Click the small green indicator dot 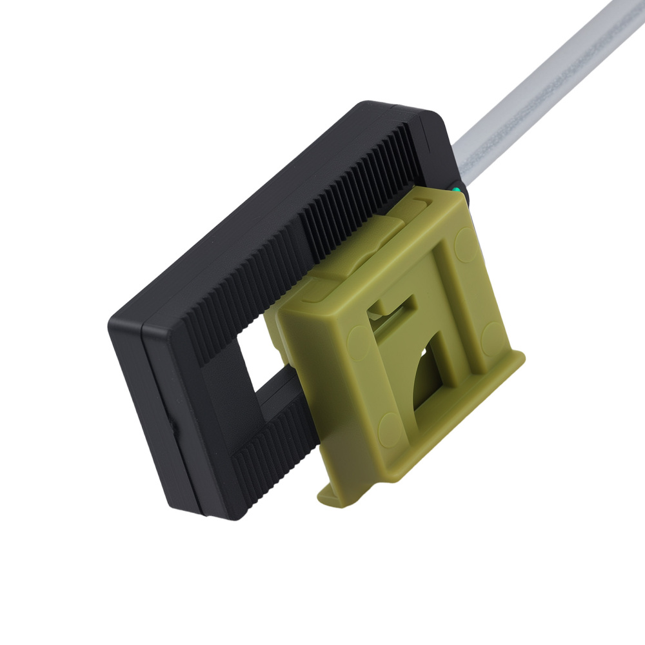pyautogui.click(x=457, y=191)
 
